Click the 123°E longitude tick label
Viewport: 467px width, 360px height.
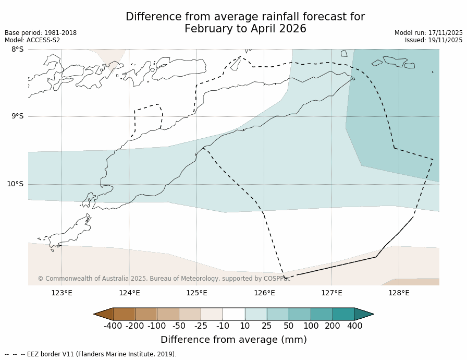[62, 293]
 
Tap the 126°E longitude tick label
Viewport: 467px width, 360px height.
[264, 293]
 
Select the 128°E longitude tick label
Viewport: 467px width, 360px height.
[399, 293]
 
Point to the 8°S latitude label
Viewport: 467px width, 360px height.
[17, 49]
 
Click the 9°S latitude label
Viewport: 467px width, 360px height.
[17, 116]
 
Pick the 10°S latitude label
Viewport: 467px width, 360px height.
[15, 184]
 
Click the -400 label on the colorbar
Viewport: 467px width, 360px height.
[113, 326]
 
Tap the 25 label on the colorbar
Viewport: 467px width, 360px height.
[267, 326]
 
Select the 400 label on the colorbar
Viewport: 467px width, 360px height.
[354, 326]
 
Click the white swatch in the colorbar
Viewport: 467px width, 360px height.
[233, 314]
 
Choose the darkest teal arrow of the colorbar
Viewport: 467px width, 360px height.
[364, 314]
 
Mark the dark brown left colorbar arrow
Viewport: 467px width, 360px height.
[103, 314]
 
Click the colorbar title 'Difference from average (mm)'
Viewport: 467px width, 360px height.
[233, 340]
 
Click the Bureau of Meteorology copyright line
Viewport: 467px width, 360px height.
[164, 279]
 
